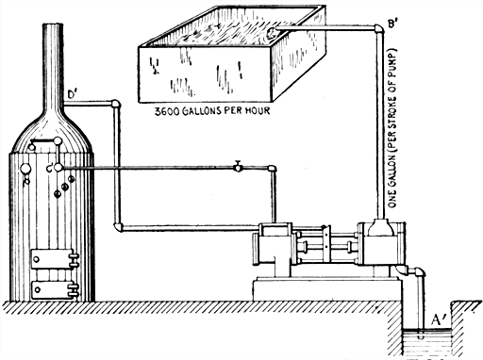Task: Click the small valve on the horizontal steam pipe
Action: point(239,167)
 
